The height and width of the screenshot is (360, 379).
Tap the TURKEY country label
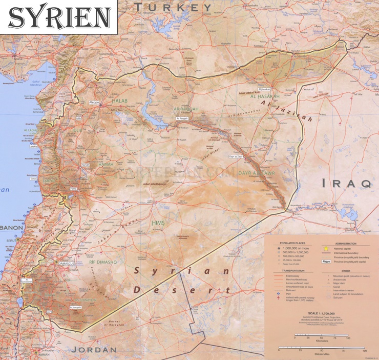[173, 7]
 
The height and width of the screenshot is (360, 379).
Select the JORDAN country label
[94, 350]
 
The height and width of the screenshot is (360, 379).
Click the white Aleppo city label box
[94, 103]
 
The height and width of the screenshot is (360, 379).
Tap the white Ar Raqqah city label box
[182, 118]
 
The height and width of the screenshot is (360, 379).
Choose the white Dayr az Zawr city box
[236, 156]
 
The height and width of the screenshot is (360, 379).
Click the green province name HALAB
[119, 101]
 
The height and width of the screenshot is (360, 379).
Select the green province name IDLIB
[77, 130]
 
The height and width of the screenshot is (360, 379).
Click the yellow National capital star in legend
[325, 248]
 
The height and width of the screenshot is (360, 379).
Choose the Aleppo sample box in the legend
[325, 261]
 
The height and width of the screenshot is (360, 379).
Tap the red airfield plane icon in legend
[278, 297]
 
